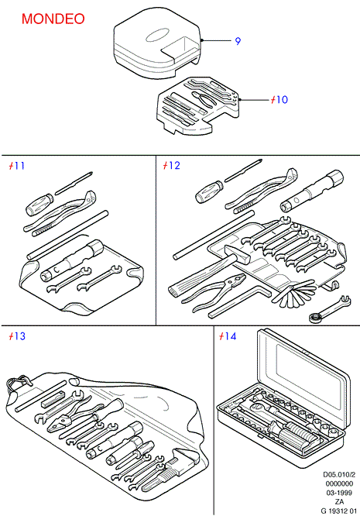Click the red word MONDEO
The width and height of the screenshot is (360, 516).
(53, 19)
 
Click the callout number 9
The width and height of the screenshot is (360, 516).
(238, 41)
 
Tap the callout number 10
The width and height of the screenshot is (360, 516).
(281, 99)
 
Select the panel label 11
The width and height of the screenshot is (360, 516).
(19, 165)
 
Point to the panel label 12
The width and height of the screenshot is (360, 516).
(174, 165)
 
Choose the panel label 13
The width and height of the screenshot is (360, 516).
(19, 336)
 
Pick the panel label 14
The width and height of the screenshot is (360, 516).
(230, 336)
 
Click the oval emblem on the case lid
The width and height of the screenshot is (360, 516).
(157, 36)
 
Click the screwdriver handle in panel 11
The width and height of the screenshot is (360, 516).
(39, 205)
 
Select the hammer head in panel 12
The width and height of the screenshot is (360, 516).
(238, 253)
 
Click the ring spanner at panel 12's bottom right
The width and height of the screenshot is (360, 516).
(330, 308)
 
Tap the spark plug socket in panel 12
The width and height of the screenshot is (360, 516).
(312, 191)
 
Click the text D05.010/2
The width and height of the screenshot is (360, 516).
(338, 474)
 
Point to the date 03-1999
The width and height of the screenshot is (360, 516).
(339, 493)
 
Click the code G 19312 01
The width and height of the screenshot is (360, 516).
(338, 511)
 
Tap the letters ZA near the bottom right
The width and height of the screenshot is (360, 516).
(339, 502)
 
